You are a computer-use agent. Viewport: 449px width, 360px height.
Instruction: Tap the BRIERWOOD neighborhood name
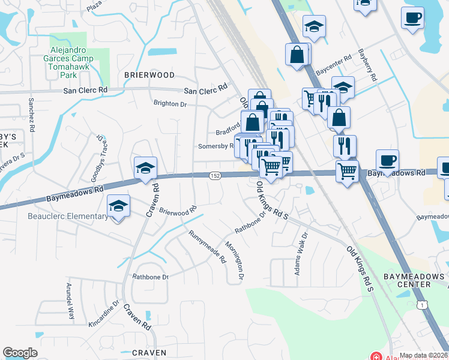(x=149, y=75)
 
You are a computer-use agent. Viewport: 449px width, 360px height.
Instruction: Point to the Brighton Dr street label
(x=170, y=104)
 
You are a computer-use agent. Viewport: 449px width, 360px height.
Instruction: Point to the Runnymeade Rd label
(x=206, y=247)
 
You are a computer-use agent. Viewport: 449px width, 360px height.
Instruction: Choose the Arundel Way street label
(x=71, y=301)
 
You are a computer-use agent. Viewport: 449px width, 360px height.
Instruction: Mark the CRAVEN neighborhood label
(x=149, y=353)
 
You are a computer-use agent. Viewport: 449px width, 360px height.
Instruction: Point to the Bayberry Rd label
(x=367, y=65)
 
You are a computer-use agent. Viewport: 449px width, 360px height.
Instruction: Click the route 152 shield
(x=214, y=175)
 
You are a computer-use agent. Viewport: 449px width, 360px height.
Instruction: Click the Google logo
(x=20, y=353)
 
